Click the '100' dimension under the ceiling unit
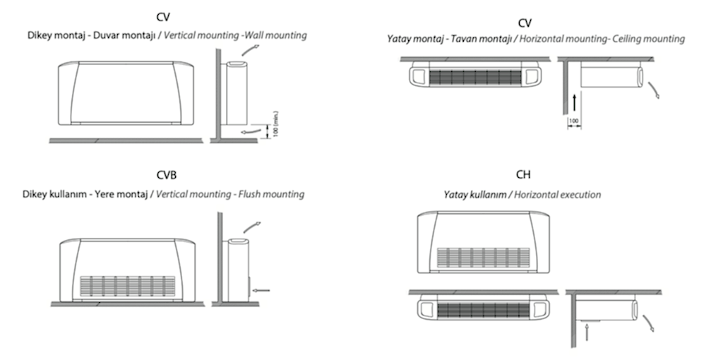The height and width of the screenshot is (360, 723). [x=574, y=121]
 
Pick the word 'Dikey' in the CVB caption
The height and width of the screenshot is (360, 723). [x=37, y=194]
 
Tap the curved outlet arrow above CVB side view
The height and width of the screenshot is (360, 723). [x=251, y=226]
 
